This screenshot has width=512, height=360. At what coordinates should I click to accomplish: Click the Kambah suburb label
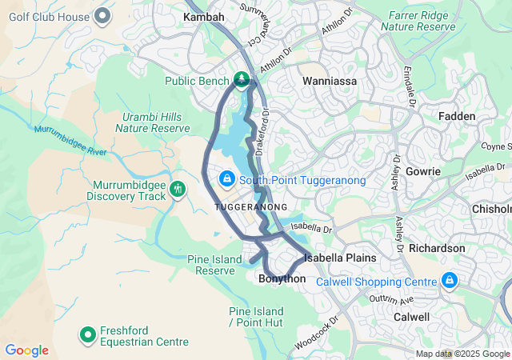coord(203,16)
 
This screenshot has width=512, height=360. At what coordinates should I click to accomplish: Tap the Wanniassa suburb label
coord(328,81)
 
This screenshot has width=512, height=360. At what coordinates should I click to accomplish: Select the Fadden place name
coord(457,116)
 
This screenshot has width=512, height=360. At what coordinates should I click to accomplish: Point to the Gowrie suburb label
coord(422,171)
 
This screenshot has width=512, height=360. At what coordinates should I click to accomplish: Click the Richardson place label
coord(437,248)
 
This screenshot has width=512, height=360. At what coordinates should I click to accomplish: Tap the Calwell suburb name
coord(411,317)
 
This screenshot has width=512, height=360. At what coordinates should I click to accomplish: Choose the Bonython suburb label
coord(282,278)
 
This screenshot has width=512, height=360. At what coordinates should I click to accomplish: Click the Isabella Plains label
coord(340,258)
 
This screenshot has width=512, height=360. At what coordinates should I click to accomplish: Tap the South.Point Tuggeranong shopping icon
coord(226,178)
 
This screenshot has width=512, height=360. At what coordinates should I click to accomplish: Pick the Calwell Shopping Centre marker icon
coord(450,281)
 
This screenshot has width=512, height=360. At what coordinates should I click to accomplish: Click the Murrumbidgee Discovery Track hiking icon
coord(178,190)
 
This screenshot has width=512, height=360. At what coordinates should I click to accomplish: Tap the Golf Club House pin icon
coord(102,15)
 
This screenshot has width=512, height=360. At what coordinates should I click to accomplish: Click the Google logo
coord(26,350)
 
